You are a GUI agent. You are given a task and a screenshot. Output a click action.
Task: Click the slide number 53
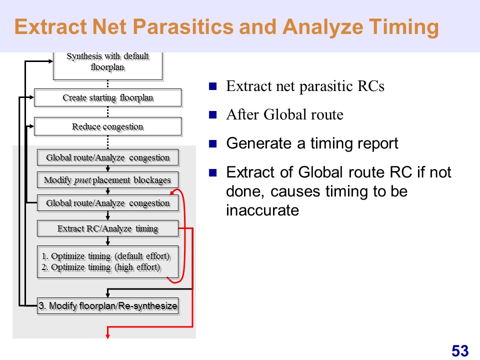point(460,351)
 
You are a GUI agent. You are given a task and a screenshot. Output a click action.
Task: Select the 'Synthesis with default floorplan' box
point(108,66)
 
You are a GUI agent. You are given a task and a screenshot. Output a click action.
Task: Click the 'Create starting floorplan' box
point(108,98)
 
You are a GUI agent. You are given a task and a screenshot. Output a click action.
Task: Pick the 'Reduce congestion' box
point(108,126)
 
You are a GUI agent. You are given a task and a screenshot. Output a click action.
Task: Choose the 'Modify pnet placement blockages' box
point(108,180)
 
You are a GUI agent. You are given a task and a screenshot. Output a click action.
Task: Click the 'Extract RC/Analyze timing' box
point(108,228)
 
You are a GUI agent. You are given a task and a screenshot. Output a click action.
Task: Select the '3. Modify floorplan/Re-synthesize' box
point(108,306)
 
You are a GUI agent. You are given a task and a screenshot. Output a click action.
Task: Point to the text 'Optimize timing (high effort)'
point(105,267)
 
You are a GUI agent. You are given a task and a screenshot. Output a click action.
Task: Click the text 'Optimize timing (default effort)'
point(110,256)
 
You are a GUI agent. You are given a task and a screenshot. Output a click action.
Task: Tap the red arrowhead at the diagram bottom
point(108,336)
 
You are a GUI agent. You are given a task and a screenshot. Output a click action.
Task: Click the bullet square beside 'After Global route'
point(213,115)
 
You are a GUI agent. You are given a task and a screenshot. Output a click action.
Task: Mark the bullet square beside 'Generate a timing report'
point(213,143)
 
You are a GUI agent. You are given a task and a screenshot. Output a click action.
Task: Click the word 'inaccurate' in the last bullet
point(262,210)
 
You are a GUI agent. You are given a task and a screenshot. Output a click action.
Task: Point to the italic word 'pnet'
point(82,180)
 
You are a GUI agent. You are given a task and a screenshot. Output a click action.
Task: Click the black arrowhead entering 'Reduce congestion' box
point(32,126)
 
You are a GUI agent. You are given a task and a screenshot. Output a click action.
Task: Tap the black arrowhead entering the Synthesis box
point(51,61)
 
